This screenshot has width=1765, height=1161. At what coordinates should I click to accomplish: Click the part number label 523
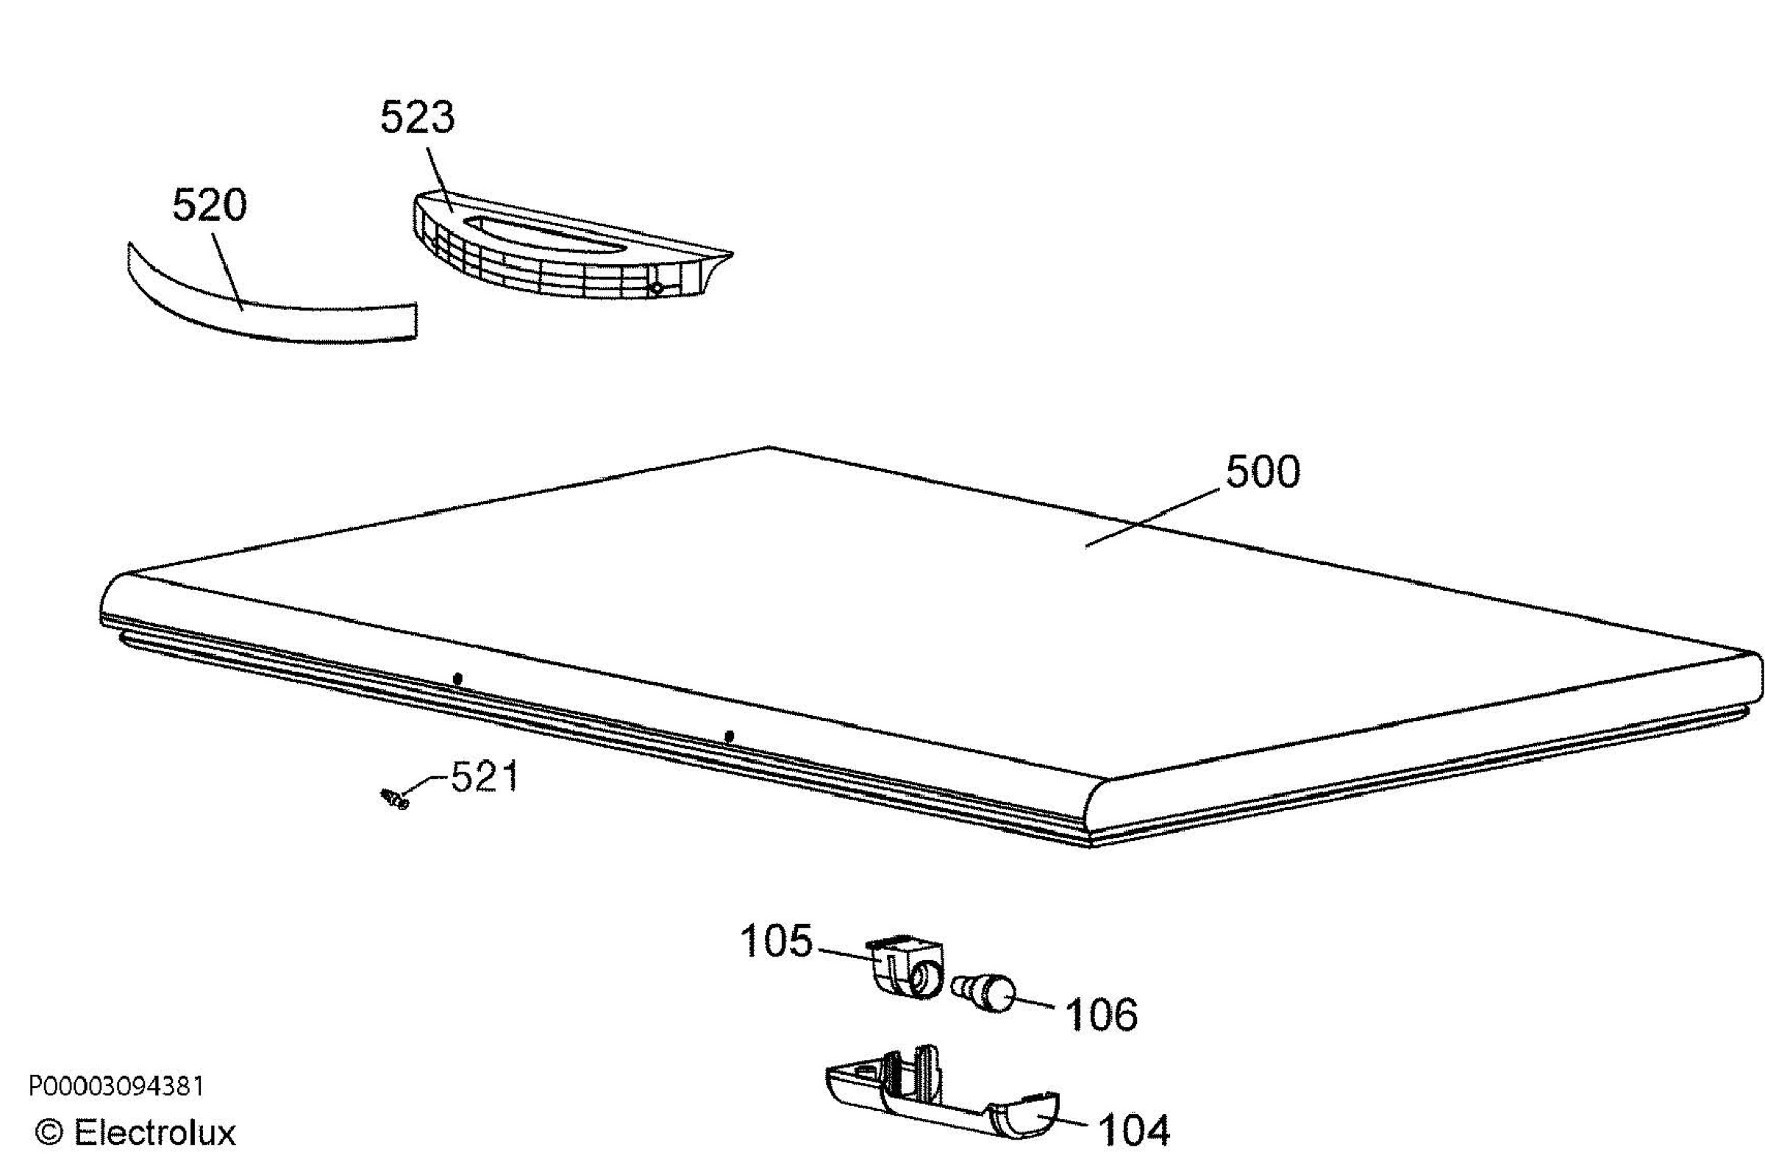coord(418,118)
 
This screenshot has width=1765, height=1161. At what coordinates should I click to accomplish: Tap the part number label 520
coord(209,205)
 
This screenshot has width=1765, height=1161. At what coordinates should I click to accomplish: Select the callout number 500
coord(1263,472)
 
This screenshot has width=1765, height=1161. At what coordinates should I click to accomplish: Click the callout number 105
coord(777,942)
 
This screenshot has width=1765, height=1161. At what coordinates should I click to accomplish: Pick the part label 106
coord(1101,1015)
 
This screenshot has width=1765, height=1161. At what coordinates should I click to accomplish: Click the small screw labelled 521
coord(394,799)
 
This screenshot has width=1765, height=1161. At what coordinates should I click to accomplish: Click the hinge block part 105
coord(906,967)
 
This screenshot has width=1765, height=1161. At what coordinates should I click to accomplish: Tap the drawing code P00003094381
coord(115,1087)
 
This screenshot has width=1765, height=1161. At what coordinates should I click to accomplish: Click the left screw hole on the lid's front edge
coord(457,678)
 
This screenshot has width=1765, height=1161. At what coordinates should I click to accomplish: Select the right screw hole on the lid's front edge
coord(729,736)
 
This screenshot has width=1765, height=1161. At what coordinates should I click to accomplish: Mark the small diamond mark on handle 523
coord(655,288)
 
